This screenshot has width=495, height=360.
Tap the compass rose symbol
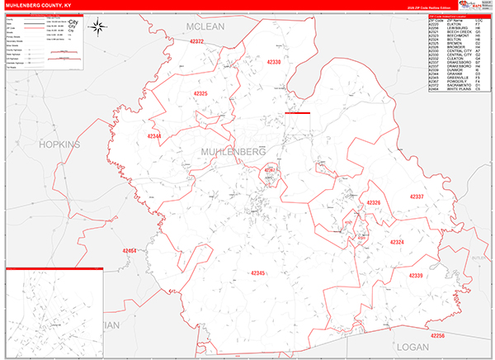pyautogui.click(x=97, y=26)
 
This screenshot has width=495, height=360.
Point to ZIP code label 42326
pyautogui.click(x=373, y=203)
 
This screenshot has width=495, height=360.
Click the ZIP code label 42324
pyautogui.click(x=396, y=242)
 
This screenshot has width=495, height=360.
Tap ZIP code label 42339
pyautogui.click(x=415, y=276)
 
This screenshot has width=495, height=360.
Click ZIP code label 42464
pyautogui.click(x=130, y=249)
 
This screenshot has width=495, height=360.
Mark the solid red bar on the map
pyautogui.click(x=297, y=113)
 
